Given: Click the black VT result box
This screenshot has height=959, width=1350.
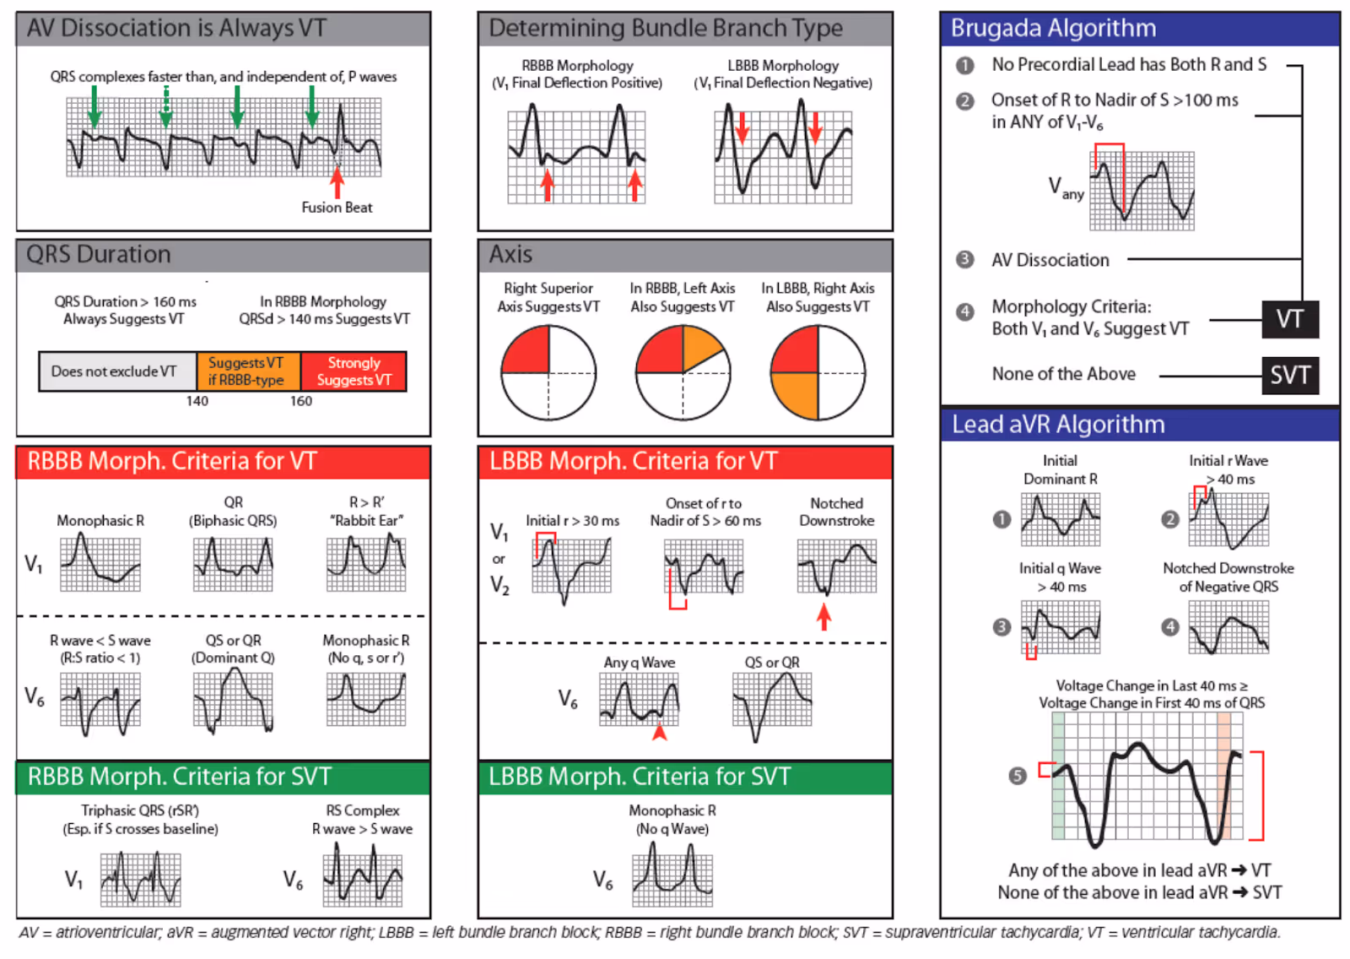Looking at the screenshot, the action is click(x=1290, y=319).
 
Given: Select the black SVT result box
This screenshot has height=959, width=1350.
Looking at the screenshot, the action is click(x=1290, y=375).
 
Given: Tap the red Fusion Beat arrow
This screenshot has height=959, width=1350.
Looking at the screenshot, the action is click(x=337, y=182).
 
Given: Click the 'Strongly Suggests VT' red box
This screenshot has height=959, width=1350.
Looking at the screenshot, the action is click(x=354, y=371).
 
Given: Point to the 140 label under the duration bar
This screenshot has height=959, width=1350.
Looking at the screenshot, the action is click(x=197, y=401).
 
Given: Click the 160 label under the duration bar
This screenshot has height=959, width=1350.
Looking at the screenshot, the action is click(x=301, y=401).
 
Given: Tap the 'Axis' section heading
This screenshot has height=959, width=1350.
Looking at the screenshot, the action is click(x=510, y=255).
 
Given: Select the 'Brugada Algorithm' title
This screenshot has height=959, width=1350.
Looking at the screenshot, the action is click(x=1053, y=29).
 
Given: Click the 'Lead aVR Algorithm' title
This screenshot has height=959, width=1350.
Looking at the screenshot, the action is click(x=1058, y=425).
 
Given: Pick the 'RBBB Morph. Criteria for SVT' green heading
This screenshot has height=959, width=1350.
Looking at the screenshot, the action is click(x=180, y=777).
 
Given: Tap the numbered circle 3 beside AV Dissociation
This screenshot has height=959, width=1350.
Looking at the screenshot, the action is click(x=965, y=260).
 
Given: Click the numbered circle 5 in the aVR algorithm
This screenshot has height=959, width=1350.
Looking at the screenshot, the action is click(x=1018, y=776).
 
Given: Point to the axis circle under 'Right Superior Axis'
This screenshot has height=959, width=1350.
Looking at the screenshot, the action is click(x=548, y=372).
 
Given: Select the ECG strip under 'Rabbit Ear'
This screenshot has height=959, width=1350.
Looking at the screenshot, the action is click(x=367, y=563).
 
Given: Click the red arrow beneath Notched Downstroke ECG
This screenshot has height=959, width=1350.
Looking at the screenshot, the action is click(x=824, y=617).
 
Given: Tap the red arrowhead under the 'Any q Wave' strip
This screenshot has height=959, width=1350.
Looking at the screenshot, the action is click(x=660, y=732).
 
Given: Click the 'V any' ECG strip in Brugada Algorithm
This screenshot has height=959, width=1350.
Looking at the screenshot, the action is click(x=1142, y=191).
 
